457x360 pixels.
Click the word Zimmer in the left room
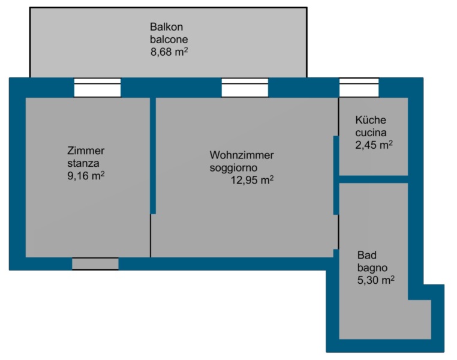click(86, 151)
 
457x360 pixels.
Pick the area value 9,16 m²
click(87, 176)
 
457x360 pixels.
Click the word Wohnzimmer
click(242, 155)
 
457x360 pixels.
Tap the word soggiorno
click(234, 167)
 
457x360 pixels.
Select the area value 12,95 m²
click(252, 180)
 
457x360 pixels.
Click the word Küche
click(371, 120)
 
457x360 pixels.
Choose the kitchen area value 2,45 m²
click(374, 145)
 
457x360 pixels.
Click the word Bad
click(366, 254)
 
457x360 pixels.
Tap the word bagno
click(372, 267)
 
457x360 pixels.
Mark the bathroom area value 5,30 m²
click(375, 280)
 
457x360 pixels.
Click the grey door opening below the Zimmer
click(95, 264)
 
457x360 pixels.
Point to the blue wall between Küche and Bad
click(374, 179)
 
